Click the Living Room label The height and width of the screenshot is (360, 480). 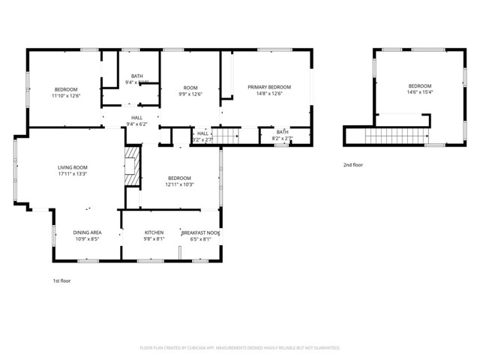tap(73, 167)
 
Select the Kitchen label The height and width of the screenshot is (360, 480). tap(154, 232)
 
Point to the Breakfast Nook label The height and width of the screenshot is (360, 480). tap(200, 232)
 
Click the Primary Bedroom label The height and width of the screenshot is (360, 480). tap(269, 87)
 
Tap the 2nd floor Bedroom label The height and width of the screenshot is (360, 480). tap(420, 85)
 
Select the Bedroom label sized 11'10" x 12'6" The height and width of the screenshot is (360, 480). tap(66, 89)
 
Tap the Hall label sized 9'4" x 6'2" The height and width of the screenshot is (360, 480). tap(137, 118)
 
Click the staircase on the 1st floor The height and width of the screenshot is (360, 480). tap(229, 135)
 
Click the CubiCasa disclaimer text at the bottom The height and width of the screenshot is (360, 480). tap(240, 348)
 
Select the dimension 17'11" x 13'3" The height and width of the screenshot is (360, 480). tap(73, 174)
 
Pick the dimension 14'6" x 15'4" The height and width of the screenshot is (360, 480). tap(420, 92)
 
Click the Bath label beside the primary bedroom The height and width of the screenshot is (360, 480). tap(281, 132)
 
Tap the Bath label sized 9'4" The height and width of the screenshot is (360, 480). tap(137, 76)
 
